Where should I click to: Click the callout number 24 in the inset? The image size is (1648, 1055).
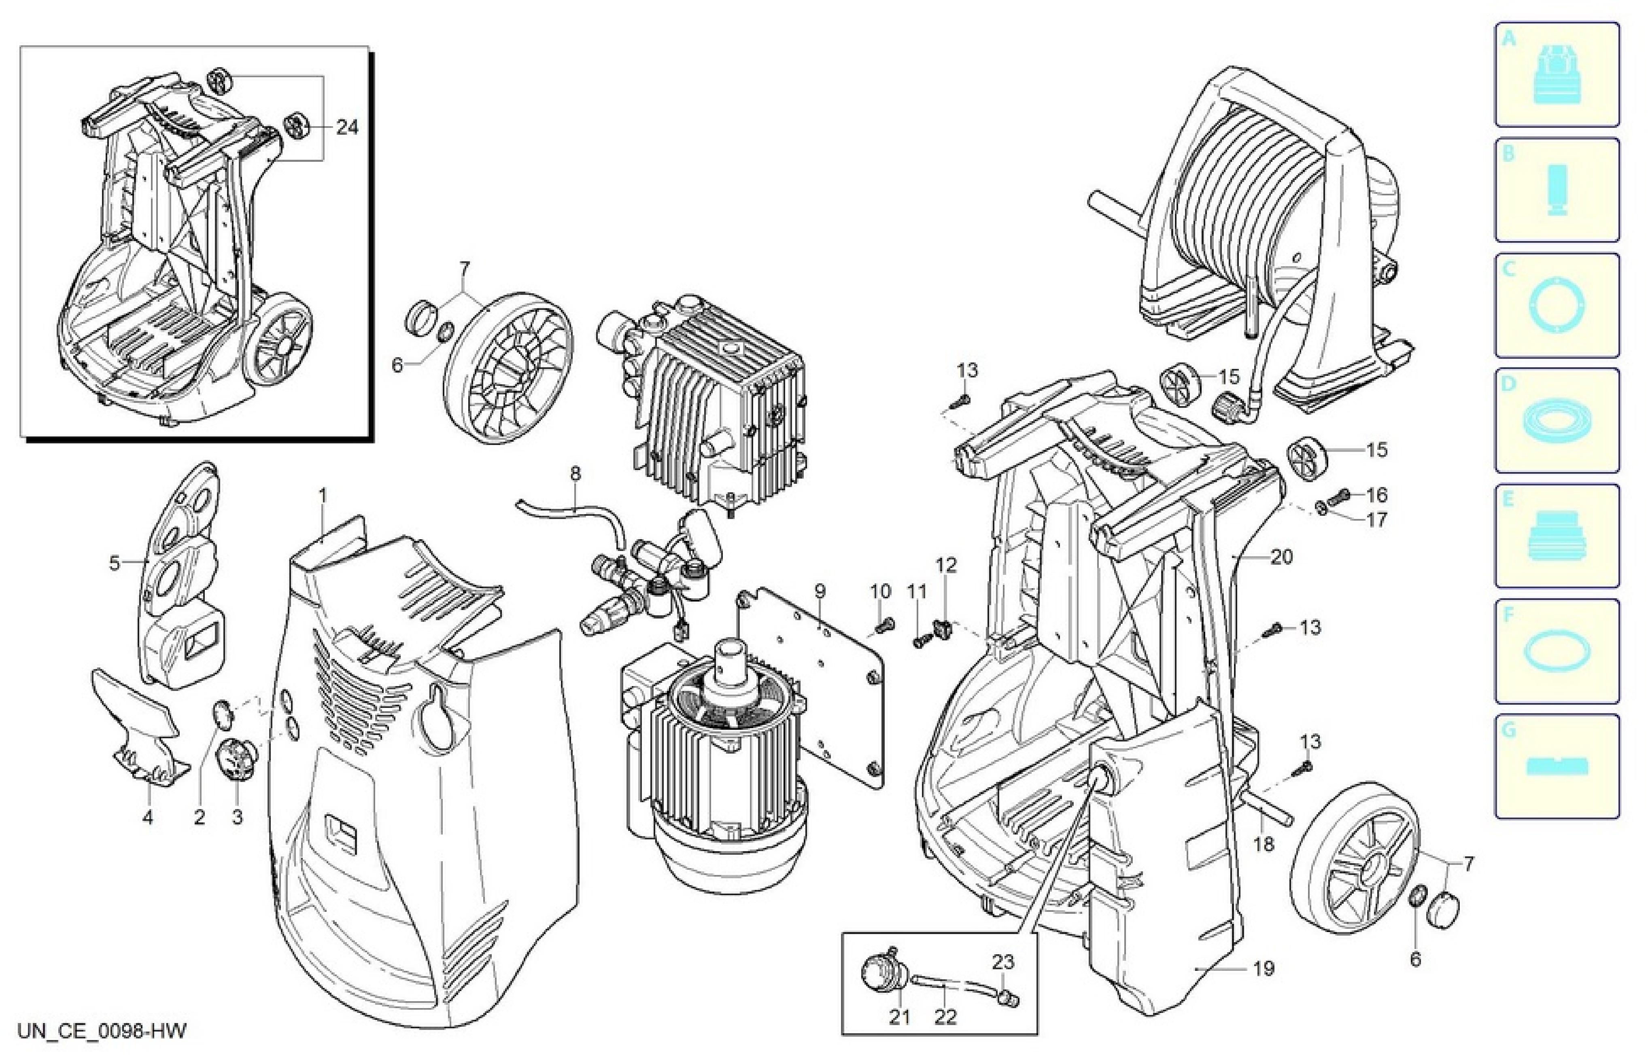tap(347, 127)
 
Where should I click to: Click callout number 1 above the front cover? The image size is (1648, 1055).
tap(323, 495)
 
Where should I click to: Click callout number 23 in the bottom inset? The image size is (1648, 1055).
tap(1003, 962)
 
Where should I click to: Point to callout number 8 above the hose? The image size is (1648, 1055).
tap(575, 473)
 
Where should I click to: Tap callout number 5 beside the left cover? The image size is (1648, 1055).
tap(115, 563)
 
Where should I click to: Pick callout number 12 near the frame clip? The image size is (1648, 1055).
tap(946, 565)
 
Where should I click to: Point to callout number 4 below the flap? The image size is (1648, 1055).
tap(147, 817)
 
